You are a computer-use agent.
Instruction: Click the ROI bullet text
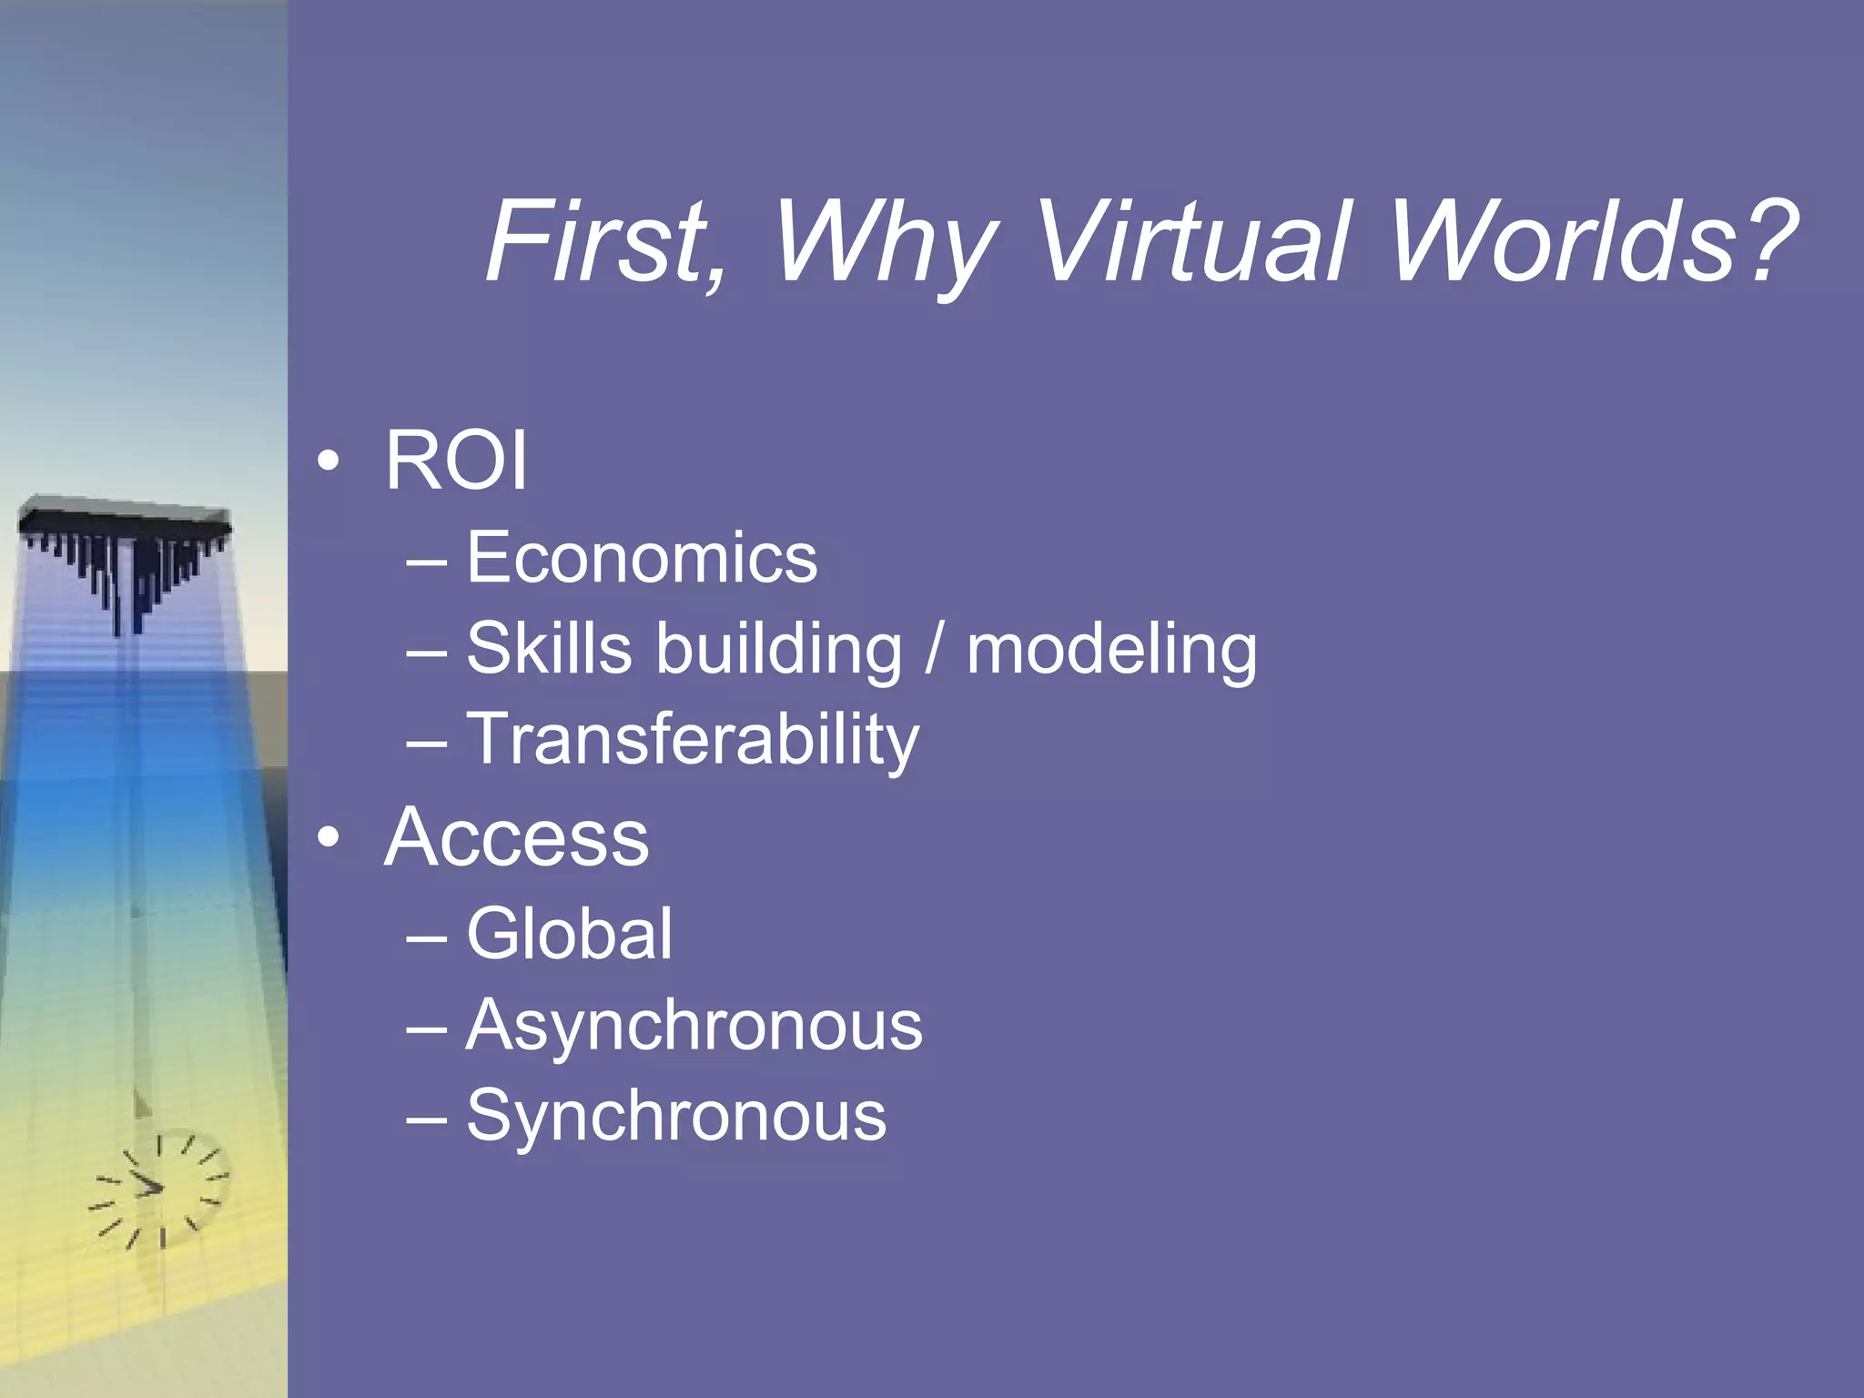point(456,461)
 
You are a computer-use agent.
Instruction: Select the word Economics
point(642,558)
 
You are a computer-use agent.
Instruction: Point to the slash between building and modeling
point(933,650)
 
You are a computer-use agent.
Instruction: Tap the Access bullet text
point(517,837)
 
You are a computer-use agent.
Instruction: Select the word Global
point(570,934)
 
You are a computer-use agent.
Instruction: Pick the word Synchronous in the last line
point(676,1117)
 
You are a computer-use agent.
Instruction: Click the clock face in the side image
point(160,1189)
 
